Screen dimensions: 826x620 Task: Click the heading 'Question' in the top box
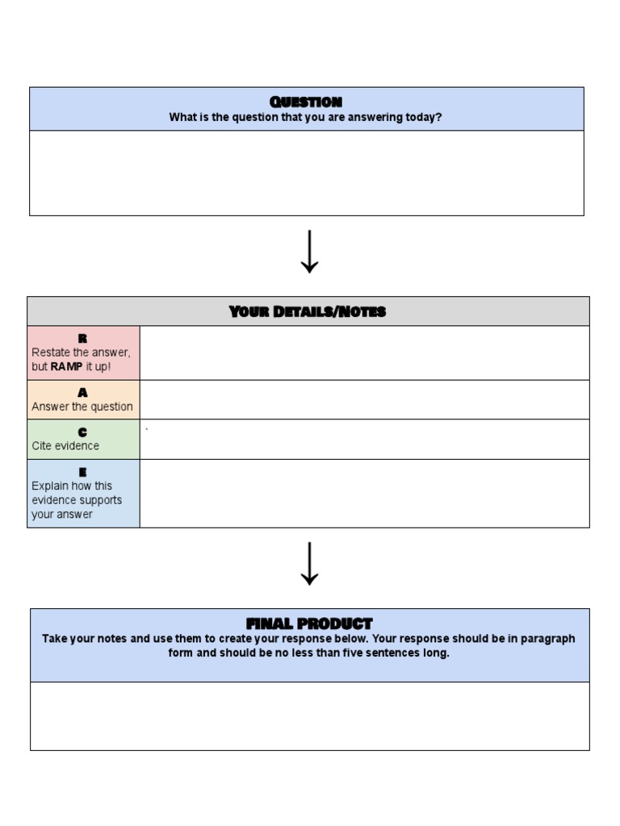tap(306, 102)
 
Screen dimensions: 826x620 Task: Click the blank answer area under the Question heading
tap(306, 173)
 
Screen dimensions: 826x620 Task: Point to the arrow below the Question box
tap(309, 252)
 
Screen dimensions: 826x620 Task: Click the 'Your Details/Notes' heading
tap(308, 311)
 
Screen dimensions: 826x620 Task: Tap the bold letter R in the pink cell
tap(82, 339)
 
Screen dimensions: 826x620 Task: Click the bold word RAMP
tap(66, 367)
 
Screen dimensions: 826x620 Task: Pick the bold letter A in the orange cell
tap(82, 393)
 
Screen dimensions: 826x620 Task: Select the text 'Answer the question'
tap(82, 407)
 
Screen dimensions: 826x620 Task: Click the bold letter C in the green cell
tap(82, 432)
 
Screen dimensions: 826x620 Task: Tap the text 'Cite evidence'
tap(65, 446)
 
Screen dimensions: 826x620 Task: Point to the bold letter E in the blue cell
tap(82, 472)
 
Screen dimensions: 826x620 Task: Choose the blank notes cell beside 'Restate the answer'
tap(364, 353)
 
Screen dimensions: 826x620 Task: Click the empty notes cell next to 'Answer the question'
tap(364, 399)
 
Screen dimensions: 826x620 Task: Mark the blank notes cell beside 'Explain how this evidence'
tap(364, 493)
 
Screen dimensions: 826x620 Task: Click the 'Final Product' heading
tap(309, 624)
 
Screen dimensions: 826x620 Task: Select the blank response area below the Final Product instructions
tap(309, 715)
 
